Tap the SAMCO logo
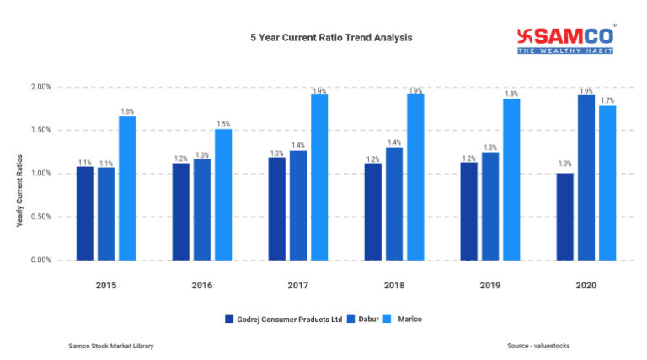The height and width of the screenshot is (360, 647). click(564, 39)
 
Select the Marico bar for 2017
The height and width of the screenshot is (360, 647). click(319, 177)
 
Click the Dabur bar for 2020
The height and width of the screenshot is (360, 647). click(586, 177)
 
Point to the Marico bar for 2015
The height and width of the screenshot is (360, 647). click(127, 188)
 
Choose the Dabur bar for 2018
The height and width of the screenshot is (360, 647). click(394, 203)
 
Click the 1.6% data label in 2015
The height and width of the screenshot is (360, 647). click(127, 110)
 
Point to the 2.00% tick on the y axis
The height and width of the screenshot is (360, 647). click(40, 87)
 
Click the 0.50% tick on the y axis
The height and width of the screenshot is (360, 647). click(40, 217)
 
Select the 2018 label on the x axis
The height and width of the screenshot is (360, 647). click(394, 287)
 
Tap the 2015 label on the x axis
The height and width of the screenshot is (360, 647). click(106, 287)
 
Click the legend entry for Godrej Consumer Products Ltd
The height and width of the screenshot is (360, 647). click(283, 319)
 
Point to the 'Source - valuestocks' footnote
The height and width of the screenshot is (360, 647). click(538, 346)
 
